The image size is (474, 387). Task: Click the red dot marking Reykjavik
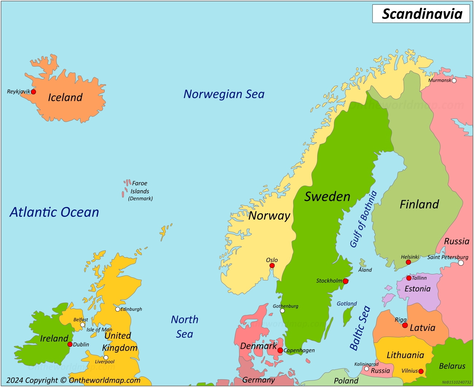point(33,92)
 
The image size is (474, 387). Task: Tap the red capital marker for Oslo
point(272,266)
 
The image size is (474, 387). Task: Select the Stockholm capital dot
point(345,281)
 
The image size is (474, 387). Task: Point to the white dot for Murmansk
point(454,81)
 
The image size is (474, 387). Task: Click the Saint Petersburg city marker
point(461,263)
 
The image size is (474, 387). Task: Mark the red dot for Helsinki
point(408,262)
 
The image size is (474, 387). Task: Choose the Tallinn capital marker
point(409,278)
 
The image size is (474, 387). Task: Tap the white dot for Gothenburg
point(282,311)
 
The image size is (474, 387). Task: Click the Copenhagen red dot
point(280,350)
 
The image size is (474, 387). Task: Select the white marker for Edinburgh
point(117,309)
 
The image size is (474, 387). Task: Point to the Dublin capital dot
point(70,344)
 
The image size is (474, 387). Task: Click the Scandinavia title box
point(421,14)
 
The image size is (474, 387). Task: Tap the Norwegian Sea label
point(224,94)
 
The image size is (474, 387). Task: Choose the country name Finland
point(419,204)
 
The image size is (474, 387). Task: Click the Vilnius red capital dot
point(421,371)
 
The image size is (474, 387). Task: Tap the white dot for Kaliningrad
point(366,369)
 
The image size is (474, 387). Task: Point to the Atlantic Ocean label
point(54,212)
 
